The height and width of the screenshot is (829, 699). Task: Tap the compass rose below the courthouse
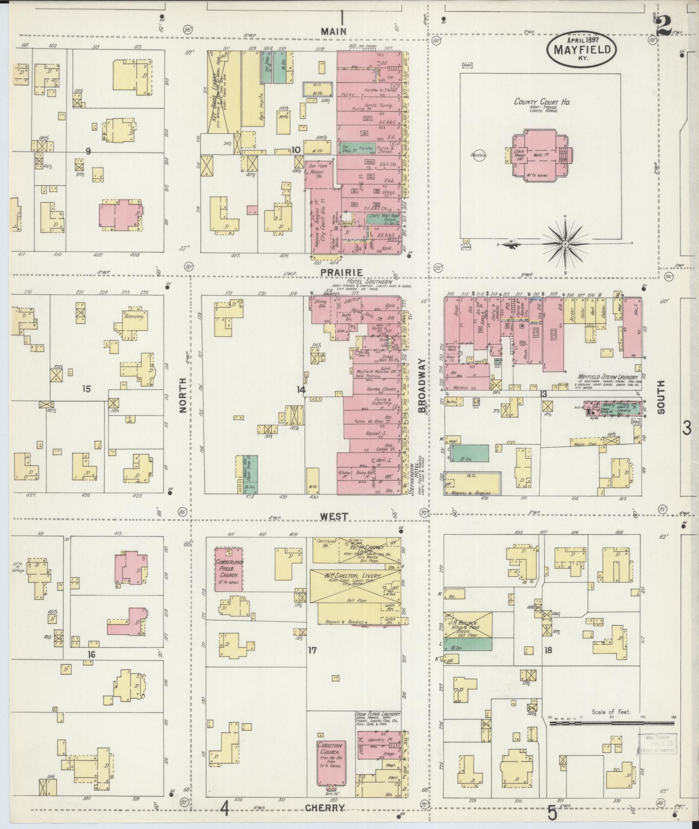pyautogui.click(x=565, y=245)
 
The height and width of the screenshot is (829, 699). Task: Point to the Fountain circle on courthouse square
pyautogui.click(x=480, y=155)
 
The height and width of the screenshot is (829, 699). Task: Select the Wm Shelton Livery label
pyautogui.click(x=352, y=575)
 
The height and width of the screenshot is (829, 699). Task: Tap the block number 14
pyautogui.click(x=301, y=390)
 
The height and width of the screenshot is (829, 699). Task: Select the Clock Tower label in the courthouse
pyautogui.click(x=519, y=154)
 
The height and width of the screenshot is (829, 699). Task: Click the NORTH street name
pyautogui.click(x=183, y=394)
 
